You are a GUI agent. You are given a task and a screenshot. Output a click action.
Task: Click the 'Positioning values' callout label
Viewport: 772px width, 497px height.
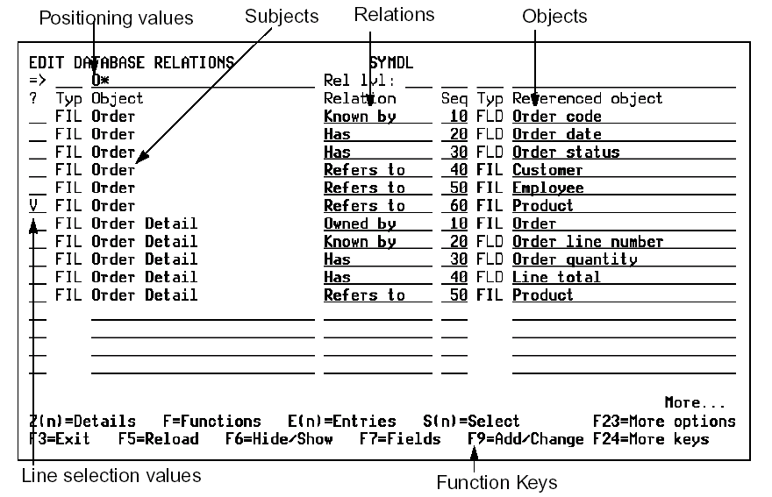pyautogui.click(x=117, y=18)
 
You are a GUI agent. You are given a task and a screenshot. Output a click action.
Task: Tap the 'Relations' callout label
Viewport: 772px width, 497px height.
pyautogui.click(x=394, y=14)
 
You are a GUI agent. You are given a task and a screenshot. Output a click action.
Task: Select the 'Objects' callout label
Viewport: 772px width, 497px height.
pyautogui.click(x=554, y=16)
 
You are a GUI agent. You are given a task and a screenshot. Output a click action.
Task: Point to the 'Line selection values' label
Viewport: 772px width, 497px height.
pyautogui.click(x=111, y=476)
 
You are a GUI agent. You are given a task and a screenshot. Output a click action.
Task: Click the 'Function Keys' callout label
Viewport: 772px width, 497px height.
pyautogui.click(x=497, y=481)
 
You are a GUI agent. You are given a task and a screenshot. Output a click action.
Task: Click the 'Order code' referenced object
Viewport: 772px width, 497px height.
pyautogui.click(x=557, y=117)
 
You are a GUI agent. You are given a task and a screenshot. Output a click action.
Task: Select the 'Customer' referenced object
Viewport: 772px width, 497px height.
pyautogui.click(x=547, y=170)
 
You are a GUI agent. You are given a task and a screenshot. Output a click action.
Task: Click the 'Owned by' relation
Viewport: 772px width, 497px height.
pyautogui.click(x=360, y=224)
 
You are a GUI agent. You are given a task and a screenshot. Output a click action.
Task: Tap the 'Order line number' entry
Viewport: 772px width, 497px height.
pyautogui.click(x=588, y=242)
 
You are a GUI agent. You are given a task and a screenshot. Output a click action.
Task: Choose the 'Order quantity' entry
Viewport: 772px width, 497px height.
pyautogui.click(x=575, y=259)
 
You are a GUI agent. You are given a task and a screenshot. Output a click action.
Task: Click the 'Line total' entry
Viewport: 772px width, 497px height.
pyautogui.click(x=556, y=277)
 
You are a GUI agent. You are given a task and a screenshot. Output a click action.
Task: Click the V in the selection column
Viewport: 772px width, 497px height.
pyautogui.click(x=33, y=206)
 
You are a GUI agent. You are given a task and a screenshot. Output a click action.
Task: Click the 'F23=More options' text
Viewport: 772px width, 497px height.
pyautogui.click(x=664, y=422)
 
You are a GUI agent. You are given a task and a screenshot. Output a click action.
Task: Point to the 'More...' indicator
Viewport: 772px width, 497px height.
pyautogui.click(x=695, y=403)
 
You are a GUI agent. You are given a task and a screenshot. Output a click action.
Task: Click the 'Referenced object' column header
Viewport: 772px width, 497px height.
pyautogui.click(x=588, y=98)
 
